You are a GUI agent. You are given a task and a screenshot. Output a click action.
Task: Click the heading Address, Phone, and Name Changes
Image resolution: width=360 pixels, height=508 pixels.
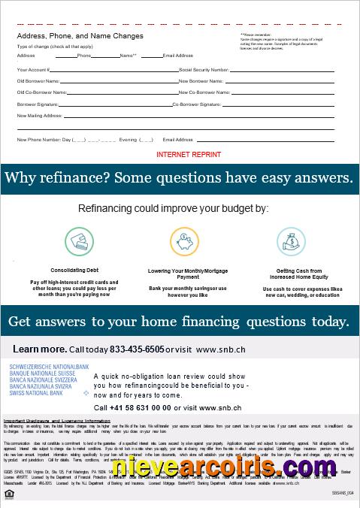[80, 35]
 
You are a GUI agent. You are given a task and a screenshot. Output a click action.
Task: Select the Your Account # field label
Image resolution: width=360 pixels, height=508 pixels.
[34, 69]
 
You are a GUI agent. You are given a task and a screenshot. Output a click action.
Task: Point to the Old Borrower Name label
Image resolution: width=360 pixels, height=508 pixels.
[38, 80]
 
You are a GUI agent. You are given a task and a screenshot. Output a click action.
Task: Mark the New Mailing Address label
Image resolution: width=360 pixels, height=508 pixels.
[39, 116]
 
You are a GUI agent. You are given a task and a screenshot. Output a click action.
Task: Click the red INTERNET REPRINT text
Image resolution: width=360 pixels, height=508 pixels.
[189, 154]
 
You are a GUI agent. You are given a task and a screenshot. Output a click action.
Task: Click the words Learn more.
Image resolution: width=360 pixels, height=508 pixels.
[39, 349]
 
